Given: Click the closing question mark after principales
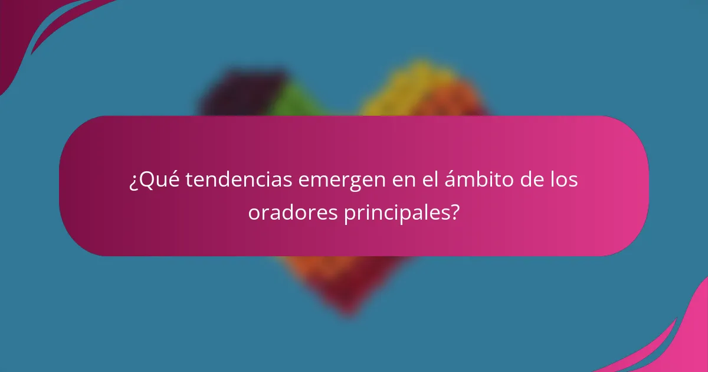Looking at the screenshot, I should [x=455, y=213].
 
